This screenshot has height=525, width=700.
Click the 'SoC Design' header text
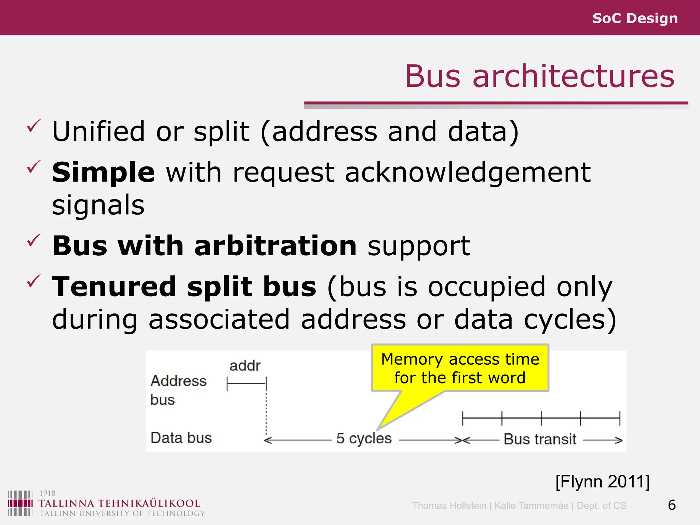pos(635,18)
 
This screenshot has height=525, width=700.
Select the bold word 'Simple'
pos(103,173)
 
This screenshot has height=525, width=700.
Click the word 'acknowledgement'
pos(468,173)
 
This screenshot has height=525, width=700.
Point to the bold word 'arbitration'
pos(275,246)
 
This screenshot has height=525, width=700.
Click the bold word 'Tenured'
pos(114,287)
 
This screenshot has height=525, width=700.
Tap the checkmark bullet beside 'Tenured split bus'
pos(33,281)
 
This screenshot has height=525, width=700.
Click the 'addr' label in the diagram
pos(245,366)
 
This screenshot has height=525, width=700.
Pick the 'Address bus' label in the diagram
pos(178,390)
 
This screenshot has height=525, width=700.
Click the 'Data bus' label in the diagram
pos(181,438)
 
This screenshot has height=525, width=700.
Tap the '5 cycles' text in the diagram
pos(364,439)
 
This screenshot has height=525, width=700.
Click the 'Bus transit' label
pos(540,439)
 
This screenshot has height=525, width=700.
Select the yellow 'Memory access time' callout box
pos(460,368)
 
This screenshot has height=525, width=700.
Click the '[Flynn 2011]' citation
pos(602,482)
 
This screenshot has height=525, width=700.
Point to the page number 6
pos(672,505)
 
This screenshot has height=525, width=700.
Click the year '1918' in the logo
pos(48,493)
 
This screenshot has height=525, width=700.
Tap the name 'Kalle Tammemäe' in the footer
pos(531,506)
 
